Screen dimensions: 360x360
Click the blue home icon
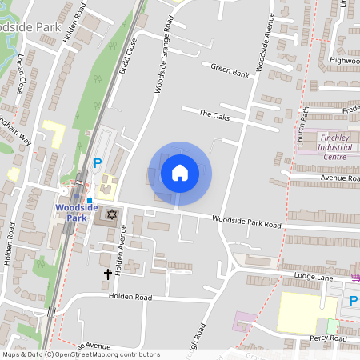(180, 172)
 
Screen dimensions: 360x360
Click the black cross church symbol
(108, 274)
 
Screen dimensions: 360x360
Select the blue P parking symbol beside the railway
(98, 163)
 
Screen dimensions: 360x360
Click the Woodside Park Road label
(247, 221)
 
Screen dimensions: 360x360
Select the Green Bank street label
(230, 71)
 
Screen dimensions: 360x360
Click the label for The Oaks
(214, 114)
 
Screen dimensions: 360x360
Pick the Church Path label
(302, 128)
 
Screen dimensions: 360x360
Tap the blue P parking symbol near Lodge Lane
(353, 301)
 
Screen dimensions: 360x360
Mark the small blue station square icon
(90, 200)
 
